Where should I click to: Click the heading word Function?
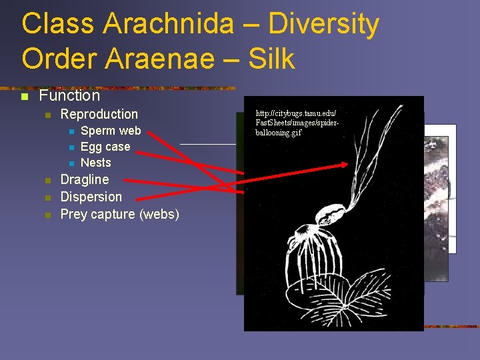coord(69,95)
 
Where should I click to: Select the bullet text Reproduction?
coord(99,114)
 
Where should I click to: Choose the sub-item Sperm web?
coord(111,131)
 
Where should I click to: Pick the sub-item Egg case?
coord(105,147)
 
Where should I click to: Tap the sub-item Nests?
coord(95,163)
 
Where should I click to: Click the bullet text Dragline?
coord(84,179)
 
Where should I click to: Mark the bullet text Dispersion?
coord(91,197)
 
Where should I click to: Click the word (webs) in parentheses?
coord(159,214)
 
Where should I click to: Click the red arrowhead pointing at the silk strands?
coord(344,164)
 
